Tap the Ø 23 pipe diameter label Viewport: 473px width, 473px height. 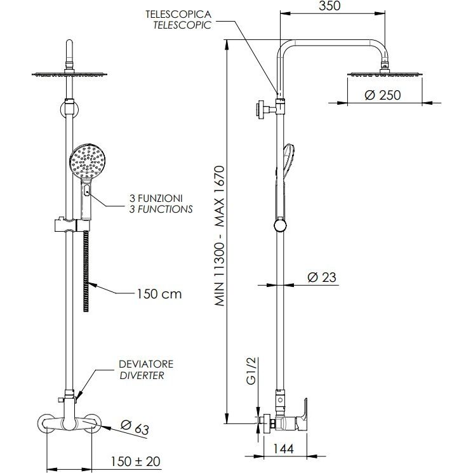[x=321, y=277]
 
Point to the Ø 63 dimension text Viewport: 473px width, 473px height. [x=134, y=427]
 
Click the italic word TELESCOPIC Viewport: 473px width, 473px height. [x=182, y=25]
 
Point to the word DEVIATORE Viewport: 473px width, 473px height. [x=145, y=364]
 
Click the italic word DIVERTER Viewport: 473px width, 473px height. [x=142, y=375]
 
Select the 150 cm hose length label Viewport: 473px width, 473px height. [x=159, y=293]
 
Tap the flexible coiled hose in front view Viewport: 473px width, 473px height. [x=86, y=270]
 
